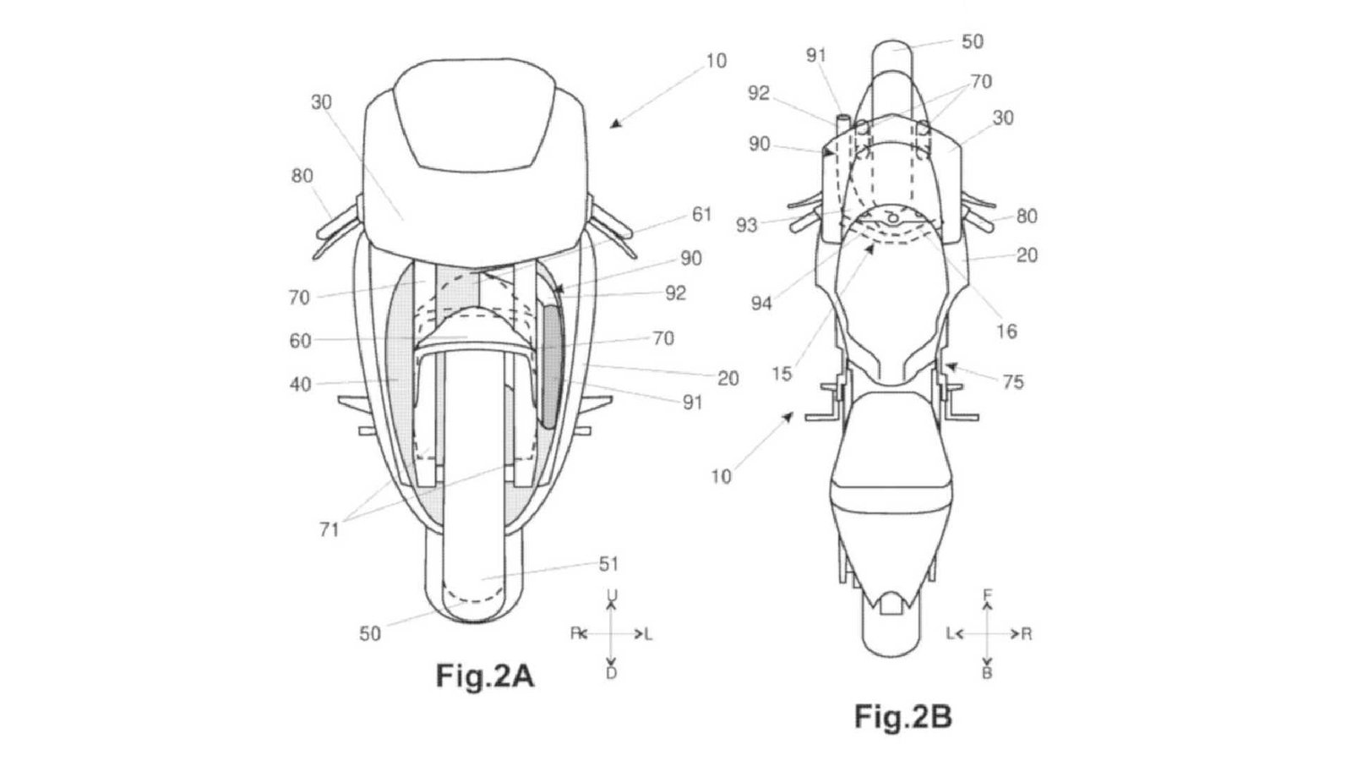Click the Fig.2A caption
(485, 676)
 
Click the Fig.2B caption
(903, 717)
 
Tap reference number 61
(701, 215)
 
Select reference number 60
(301, 341)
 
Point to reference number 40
(301, 384)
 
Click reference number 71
(329, 529)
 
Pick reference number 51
(608, 564)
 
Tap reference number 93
(747, 225)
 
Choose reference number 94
(761, 304)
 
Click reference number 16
(1006, 331)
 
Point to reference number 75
(1013, 381)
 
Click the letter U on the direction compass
(612, 595)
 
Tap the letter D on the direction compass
(612, 673)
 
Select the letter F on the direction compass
(988, 595)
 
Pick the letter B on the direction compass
(988, 673)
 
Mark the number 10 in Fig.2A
(717, 61)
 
